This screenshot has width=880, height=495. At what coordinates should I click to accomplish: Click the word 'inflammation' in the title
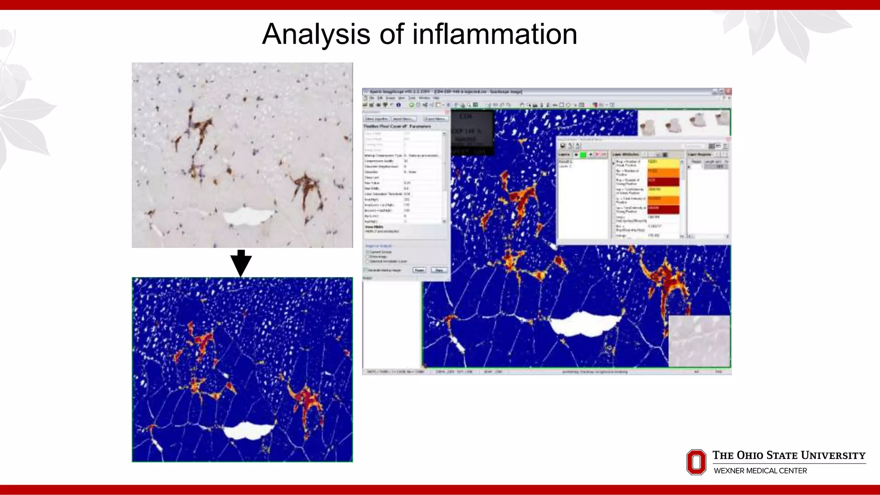495,34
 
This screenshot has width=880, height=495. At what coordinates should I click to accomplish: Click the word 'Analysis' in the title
316,34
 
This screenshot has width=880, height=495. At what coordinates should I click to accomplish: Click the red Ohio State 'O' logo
696,462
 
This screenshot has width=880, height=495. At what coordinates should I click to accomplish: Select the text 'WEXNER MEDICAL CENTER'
760,471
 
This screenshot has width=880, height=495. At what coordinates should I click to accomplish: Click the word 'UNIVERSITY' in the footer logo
833,455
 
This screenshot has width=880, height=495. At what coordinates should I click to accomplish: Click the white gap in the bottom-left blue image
248,430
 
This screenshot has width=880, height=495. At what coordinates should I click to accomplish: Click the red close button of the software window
728,92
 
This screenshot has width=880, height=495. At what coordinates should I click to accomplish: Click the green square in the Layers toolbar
583,154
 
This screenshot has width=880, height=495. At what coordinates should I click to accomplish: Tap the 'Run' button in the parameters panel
439,270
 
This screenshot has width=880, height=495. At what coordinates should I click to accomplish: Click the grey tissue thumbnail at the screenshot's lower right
699,341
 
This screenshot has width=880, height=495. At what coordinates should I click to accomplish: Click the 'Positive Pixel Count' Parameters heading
397,127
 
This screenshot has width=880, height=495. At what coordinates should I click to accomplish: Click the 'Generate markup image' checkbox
366,270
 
